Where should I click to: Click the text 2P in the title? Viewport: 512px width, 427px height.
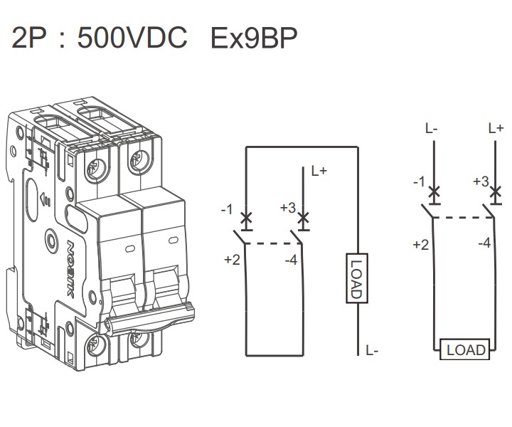click(x=28, y=38)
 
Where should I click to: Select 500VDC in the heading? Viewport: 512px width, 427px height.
click(x=132, y=38)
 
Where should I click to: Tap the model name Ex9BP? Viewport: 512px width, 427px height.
click(x=254, y=38)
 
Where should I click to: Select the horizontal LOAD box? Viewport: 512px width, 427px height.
click(x=466, y=349)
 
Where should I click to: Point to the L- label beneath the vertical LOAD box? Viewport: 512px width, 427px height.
click(x=371, y=350)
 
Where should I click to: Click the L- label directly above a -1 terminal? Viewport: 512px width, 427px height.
click(x=432, y=129)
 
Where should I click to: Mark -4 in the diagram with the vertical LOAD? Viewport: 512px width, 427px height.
click(x=290, y=260)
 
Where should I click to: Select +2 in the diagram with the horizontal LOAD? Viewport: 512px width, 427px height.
click(x=420, y=245)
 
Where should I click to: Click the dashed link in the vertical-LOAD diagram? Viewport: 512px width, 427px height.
click(x=270, y=243)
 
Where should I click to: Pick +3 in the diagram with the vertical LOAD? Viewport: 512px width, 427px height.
click(x=287, y=208)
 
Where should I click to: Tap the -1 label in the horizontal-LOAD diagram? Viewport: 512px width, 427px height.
click(x=419, y=182)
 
